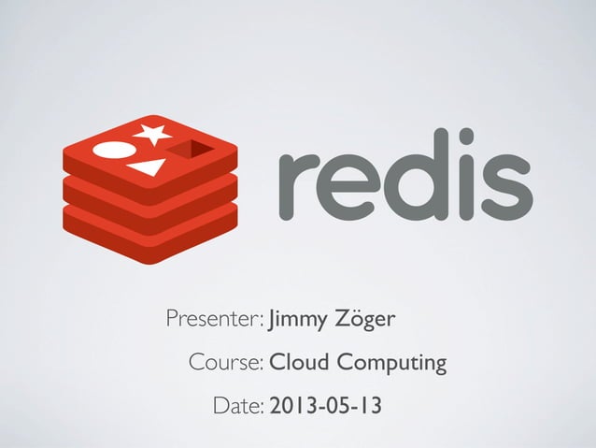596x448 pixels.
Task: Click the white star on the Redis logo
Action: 152,133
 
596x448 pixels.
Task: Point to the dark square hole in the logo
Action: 193,148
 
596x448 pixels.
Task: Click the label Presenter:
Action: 215,322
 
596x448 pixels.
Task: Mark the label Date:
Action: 238,406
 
